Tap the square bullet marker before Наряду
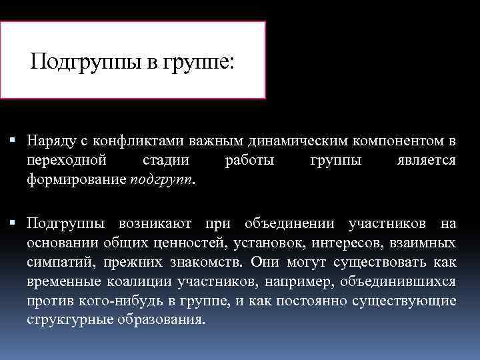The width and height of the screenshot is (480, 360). click(14, 141)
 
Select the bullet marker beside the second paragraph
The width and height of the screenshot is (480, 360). click(14, 221)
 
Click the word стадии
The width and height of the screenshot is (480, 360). click(165, 161)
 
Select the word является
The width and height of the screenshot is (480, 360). click(425, 161)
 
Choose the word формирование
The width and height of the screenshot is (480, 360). click(75, 180)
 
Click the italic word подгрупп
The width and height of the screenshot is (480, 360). click(162, 180)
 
